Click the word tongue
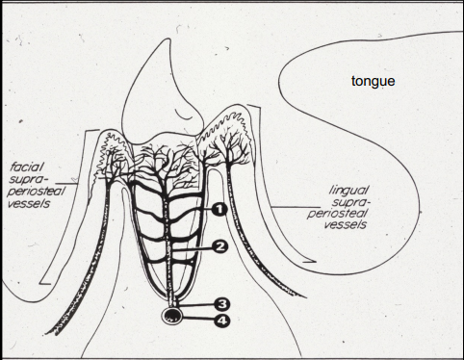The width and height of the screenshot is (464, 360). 373,81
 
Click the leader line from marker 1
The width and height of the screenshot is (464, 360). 193,208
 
